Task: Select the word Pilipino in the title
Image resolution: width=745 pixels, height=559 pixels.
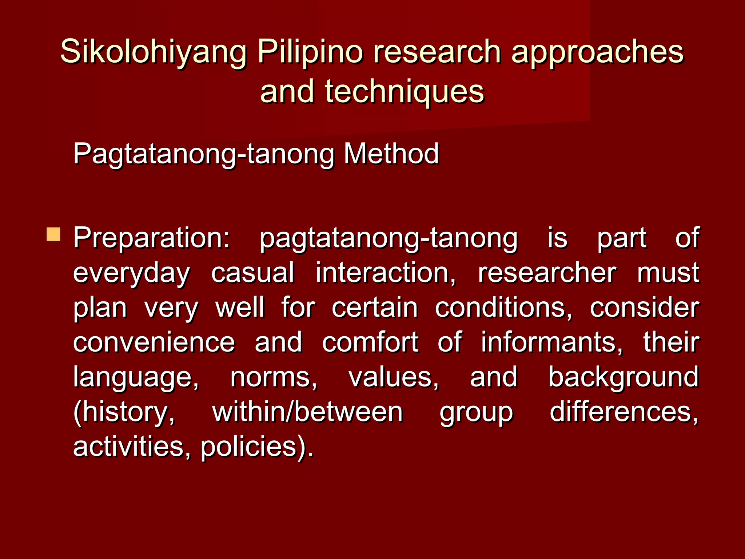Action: click(310, 52)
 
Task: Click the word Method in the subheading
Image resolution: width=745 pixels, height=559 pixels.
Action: click(391, 154)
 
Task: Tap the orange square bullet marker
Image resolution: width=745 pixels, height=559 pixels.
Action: click(53, 234)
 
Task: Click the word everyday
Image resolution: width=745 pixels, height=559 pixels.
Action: click(131, 273)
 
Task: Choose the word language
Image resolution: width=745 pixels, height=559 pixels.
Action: click(136, 378)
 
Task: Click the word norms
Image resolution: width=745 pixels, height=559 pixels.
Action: click(274, 377)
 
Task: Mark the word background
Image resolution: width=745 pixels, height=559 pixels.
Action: click(623, 377)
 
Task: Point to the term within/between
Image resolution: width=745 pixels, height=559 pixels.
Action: click(307, 412)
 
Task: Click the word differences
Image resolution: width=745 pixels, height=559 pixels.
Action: click(624, 412)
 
